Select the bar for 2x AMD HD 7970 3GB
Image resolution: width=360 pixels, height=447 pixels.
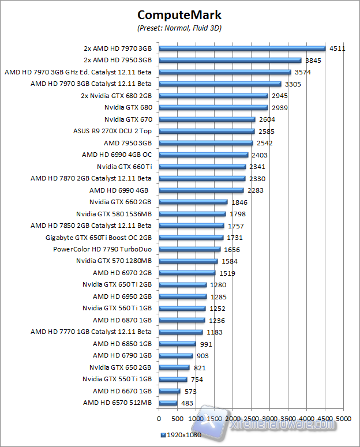pyautogui.click(x=242, y=48)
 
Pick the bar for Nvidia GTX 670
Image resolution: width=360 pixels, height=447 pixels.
pyautogui.click(x=207, y=119)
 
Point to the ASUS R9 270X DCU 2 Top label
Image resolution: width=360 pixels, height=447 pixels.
pyautogui.click(x=112, y=131)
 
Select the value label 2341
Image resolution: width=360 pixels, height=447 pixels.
pyautogui.click(x=257, y=167)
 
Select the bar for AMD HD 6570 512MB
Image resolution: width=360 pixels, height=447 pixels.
pyautogui.click(x=168, y=403)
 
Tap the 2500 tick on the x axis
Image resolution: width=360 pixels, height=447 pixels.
pyautogui.click(x=251, y=417)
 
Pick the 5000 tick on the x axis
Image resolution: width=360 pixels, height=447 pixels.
pyautogui.click(x=343, y=417)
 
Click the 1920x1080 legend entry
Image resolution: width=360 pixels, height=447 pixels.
pyautogui.click(x=181, y=435)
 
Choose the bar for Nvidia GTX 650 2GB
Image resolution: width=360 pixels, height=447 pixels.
pyautogui.click(x=174, y=367)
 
